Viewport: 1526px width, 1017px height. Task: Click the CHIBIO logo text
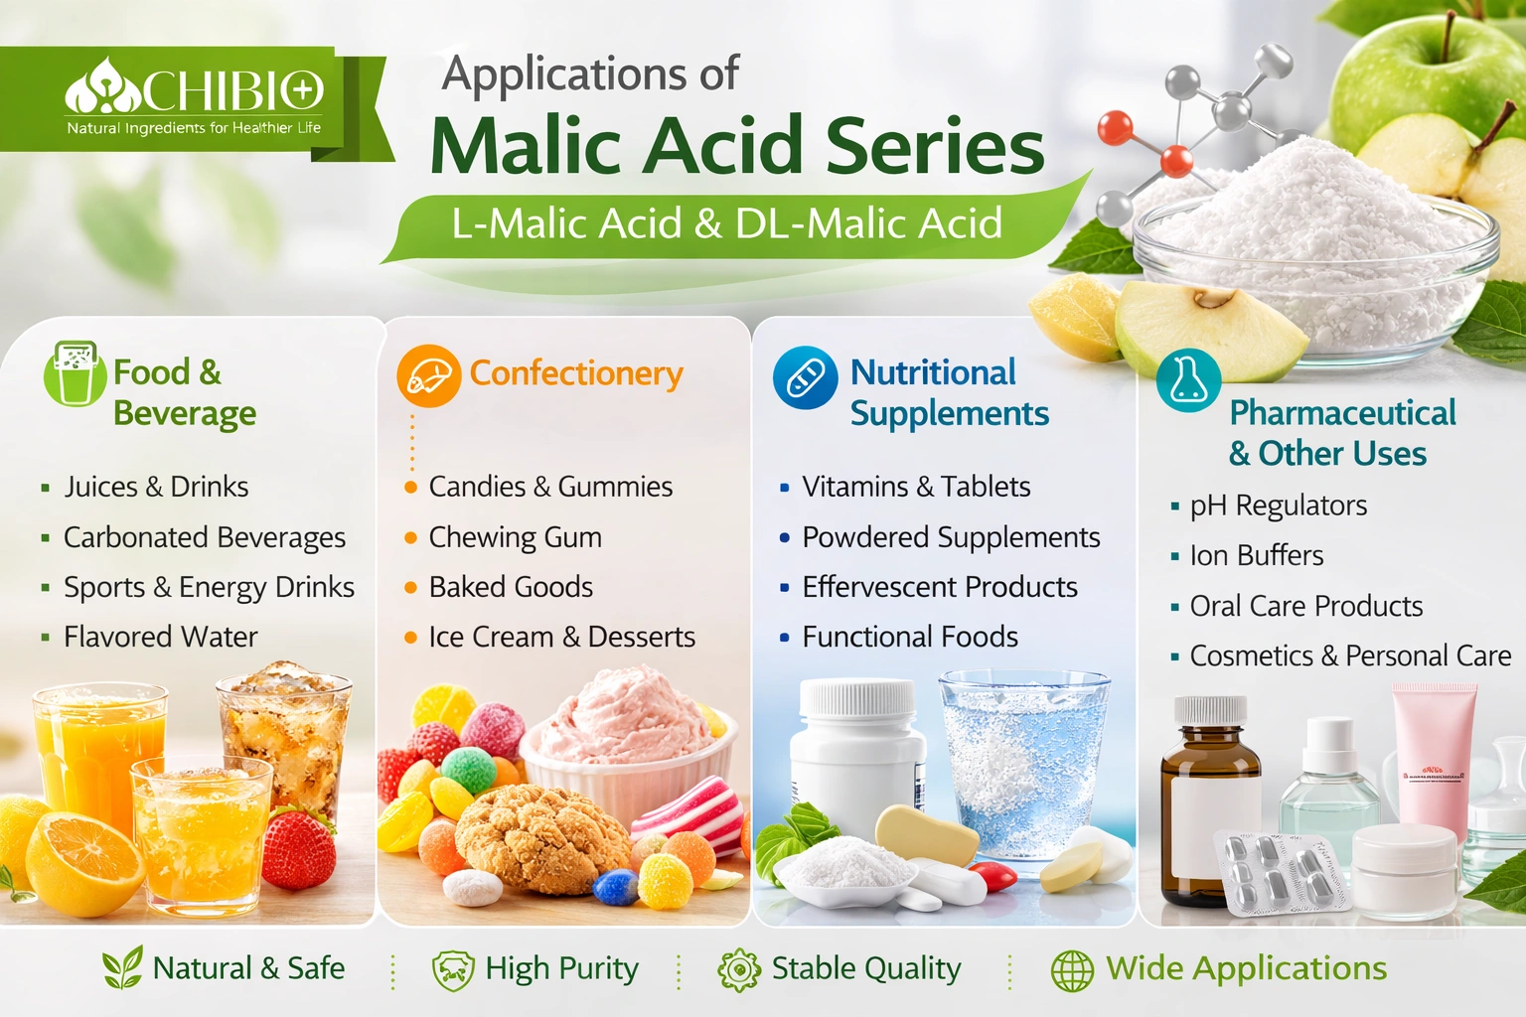click(231, 91)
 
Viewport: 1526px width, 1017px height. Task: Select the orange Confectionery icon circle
click(428, 376)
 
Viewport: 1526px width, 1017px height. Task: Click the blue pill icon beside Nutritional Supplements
click(806, 377)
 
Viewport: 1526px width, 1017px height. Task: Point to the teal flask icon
click(1188, 380)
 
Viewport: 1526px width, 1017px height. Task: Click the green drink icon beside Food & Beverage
click(75, 373)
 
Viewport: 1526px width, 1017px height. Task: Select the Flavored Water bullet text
click(161, 637)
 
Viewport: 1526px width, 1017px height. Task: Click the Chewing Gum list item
click(515, 537)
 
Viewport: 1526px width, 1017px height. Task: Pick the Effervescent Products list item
click(940, 587)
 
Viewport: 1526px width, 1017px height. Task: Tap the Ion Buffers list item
click(1256, 556)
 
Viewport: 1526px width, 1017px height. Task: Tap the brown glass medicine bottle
click(1210, 802)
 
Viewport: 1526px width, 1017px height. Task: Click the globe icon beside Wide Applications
click(1072, 970)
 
